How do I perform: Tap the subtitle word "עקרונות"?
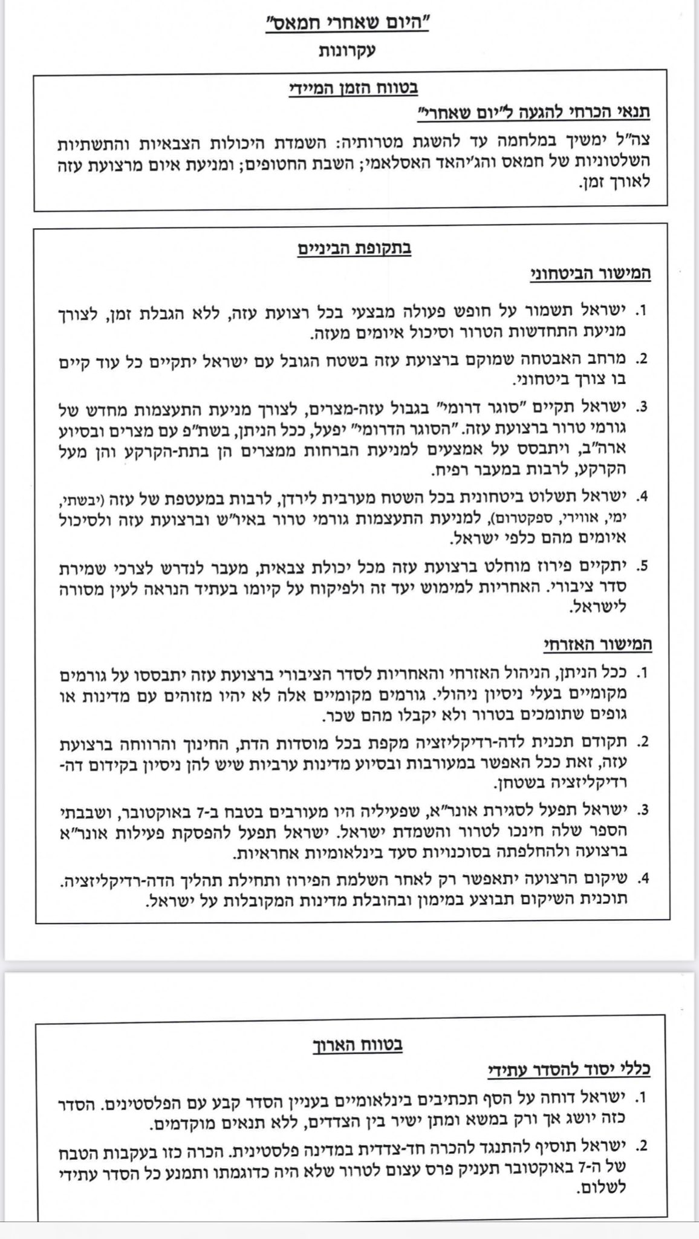click(x=349, y=51)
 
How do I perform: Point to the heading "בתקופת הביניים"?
click(x=354, y=249)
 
